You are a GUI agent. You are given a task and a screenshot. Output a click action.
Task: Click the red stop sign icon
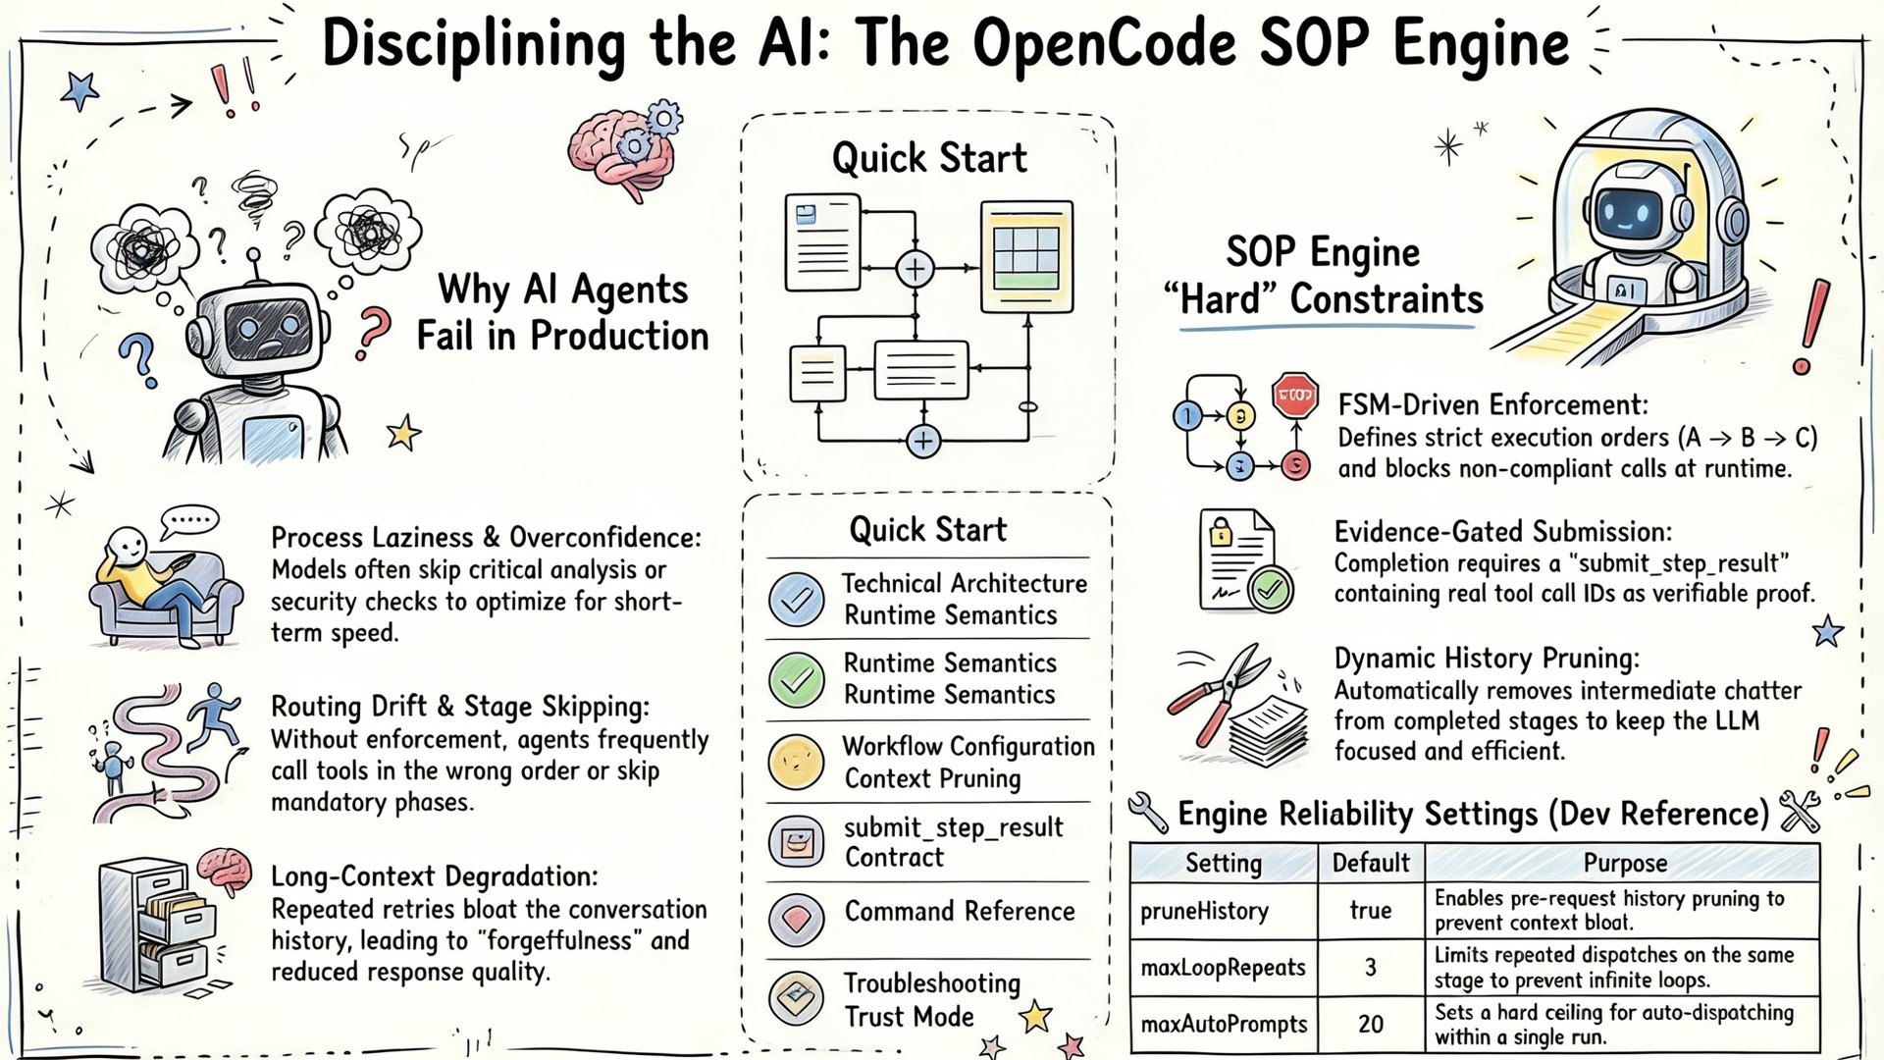pos(1295,396)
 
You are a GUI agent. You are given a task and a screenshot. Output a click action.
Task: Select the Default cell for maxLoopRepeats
pos(1370,968)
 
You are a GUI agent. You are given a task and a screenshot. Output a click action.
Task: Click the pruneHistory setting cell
pos(1204,911)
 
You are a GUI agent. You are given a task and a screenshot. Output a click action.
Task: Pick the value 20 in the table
pos(1370,1025)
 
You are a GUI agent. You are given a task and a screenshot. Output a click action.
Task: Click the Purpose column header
pos(1625,863)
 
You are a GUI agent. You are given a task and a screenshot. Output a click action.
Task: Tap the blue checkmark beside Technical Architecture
pos(797,599)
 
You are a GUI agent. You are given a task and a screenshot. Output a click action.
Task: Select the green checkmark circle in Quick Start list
pos(797,679)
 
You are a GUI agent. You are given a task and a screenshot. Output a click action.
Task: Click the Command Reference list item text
pos(960,912)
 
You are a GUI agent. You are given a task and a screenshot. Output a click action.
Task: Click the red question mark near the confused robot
pos(373,332)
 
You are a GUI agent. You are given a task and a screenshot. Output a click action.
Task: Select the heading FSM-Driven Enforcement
pos(1492,405)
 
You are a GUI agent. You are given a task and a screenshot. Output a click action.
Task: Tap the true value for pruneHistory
pos(1370,911)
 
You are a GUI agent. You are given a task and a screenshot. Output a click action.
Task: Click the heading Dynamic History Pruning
pos(1487,659)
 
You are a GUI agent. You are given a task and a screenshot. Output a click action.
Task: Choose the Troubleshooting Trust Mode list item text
pos(931,999)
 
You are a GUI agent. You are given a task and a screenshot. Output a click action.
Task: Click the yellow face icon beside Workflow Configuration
pos(797,762)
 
